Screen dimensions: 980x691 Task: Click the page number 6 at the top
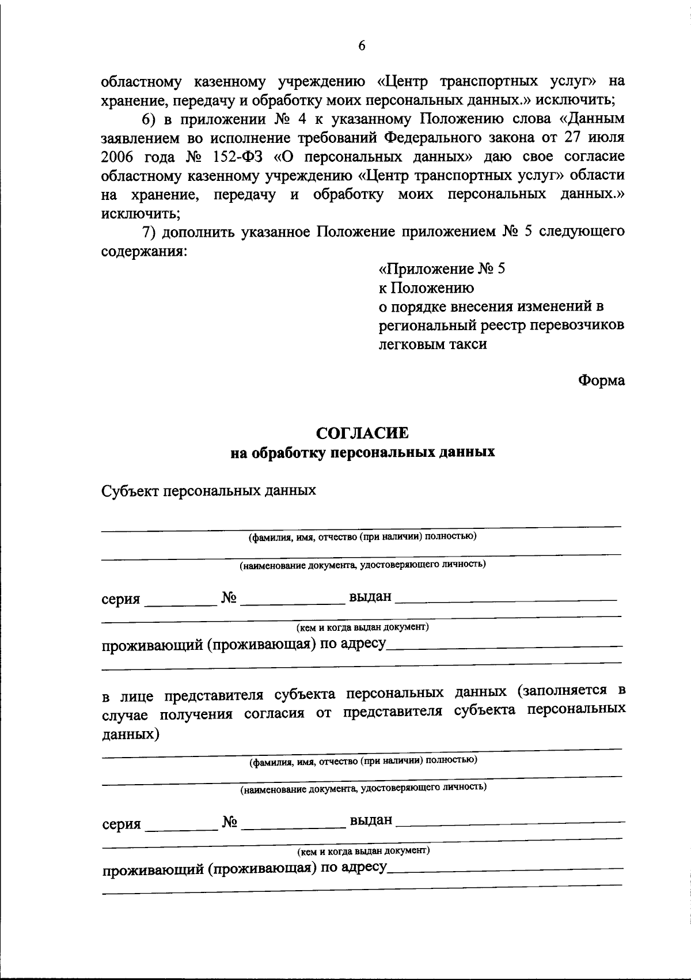[362, 47]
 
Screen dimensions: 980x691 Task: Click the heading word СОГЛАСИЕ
[363, 433]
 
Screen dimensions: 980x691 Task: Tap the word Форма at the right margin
[601, 381]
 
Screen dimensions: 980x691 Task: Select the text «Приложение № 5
[442, 269]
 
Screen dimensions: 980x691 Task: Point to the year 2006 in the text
[119, 157]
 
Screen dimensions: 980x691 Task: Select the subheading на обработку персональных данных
[363, 453]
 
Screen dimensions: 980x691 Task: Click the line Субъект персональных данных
[209, 491]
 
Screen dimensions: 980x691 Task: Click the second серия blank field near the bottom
[180, 826]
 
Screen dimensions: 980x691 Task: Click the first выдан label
[370, 596]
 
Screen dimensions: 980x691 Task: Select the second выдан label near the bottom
[371, 820]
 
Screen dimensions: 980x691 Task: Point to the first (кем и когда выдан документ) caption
[363, 627]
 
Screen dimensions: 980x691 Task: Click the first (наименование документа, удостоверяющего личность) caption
[363, 565]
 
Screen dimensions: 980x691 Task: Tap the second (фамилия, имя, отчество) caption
[363, 760]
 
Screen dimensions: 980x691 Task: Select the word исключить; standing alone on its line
[141, 214]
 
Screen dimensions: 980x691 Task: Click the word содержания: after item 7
[144, 252]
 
